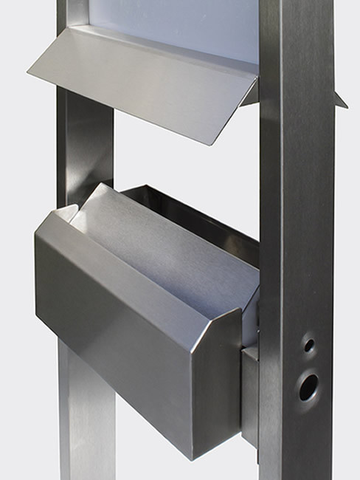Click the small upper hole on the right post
click(309, 345)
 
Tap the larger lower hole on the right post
click(308, 386)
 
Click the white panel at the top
click(184, 26)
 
